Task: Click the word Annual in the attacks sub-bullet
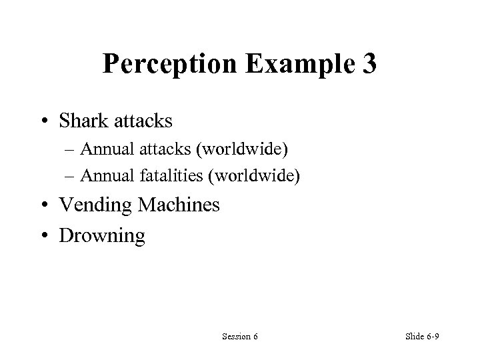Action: [106, 153]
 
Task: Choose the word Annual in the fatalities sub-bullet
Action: [106, 175]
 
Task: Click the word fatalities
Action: [167, 175]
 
